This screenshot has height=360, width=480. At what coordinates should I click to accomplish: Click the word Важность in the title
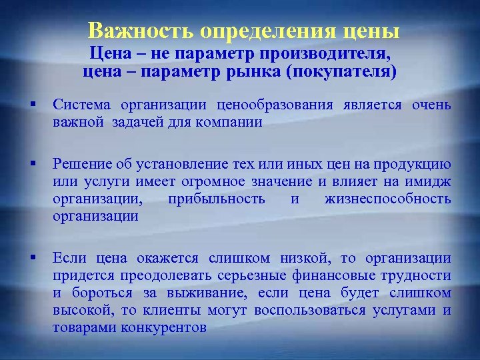coord(138,31)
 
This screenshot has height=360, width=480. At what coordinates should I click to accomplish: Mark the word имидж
coord(429,182)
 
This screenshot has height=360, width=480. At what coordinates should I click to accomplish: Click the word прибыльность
coord(217,199)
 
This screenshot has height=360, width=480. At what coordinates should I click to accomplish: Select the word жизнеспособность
coord(387,199)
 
